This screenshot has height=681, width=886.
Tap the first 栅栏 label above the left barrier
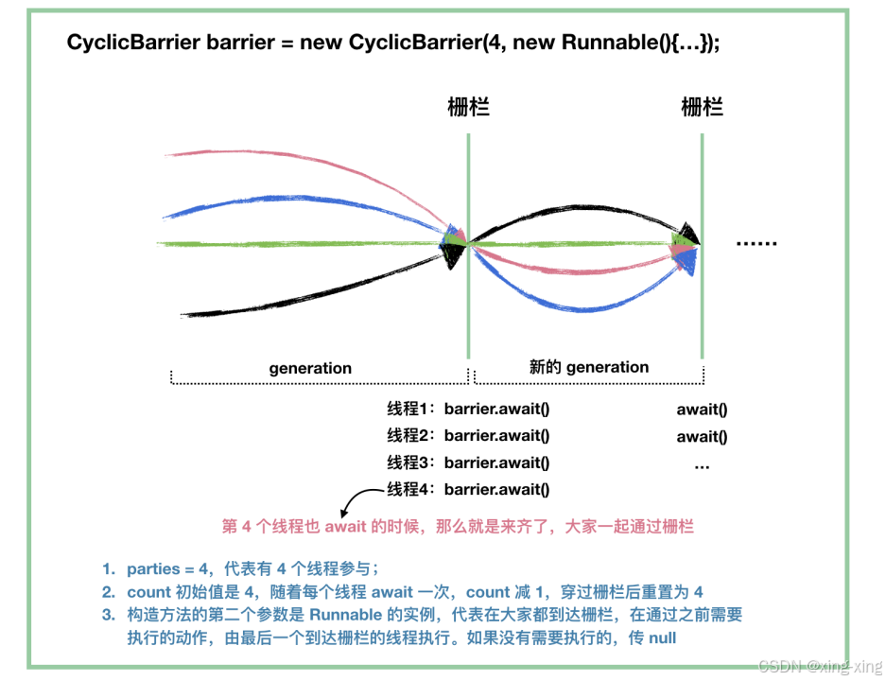(468, 107)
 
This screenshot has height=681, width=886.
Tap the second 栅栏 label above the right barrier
(702, 107)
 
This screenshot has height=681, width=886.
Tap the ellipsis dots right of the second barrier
(756, 244)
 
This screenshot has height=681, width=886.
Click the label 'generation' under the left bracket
(310, 369)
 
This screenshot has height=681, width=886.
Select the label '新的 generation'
(589, 367)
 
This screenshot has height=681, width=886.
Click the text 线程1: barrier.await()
(468, 410)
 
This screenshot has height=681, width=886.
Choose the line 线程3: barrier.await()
(468, 463)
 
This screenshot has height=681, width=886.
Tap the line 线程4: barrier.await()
(468, 489)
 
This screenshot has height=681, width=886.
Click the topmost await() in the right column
(702, 410)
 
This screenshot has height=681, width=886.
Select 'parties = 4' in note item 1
(166, 568)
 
